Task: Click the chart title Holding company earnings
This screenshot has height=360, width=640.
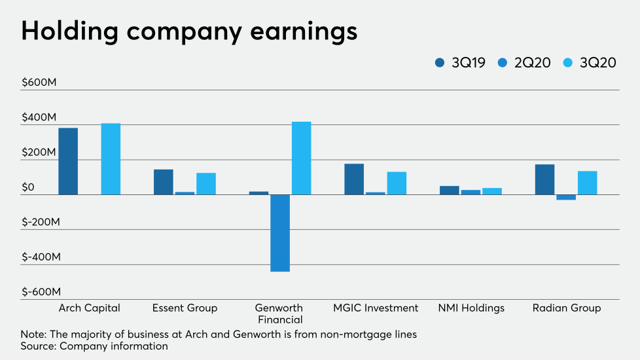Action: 189,31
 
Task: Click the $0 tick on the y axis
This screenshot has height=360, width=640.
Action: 27,187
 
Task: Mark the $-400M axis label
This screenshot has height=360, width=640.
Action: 41,257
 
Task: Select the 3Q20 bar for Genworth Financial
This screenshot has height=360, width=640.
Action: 301,158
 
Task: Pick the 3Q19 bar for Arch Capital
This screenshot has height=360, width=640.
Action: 68,161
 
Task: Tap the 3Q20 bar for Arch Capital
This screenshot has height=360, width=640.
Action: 111,159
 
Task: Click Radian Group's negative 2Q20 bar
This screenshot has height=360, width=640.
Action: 566,197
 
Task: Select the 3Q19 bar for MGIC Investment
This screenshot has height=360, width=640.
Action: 354,179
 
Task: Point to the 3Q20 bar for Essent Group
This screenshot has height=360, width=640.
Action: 206,183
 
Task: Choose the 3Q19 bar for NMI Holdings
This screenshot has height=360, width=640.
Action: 450,190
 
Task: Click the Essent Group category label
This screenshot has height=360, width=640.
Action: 185,308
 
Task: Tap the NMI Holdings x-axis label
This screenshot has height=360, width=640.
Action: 471,308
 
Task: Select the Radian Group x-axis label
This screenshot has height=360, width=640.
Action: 566,308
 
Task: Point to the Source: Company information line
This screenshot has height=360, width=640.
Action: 94,346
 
